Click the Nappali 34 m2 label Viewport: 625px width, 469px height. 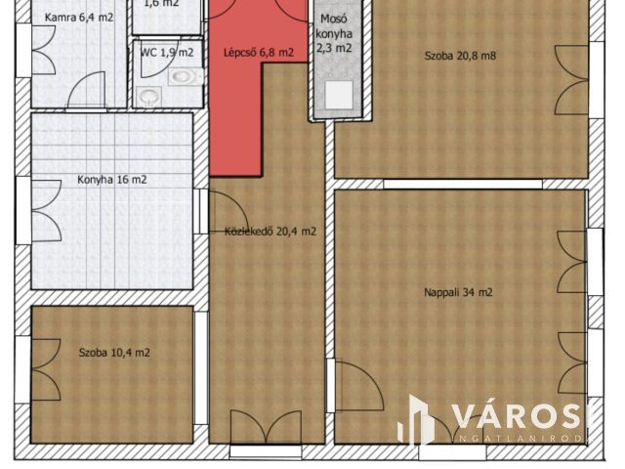pyautogui.click(x=458, y=292)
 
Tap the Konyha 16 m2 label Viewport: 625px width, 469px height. pyautogui.click(x=112, y=180)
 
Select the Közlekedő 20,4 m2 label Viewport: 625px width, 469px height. pyautogui.click(x=270, y=232)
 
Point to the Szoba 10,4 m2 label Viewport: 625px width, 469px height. pyautogui.click(x=114, y=352)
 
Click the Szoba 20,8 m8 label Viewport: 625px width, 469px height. pyautogui.click(x=460, y=56)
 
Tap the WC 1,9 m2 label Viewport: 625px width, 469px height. pyautogui.click(x=166, y=53)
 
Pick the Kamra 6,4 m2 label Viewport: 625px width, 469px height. pyautogui.click(x=70, y=18)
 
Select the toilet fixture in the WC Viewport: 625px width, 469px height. pyautogui.click(x=149, y=96)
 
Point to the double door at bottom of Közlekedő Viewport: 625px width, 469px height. pyautogui.click(x=265, y=427)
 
